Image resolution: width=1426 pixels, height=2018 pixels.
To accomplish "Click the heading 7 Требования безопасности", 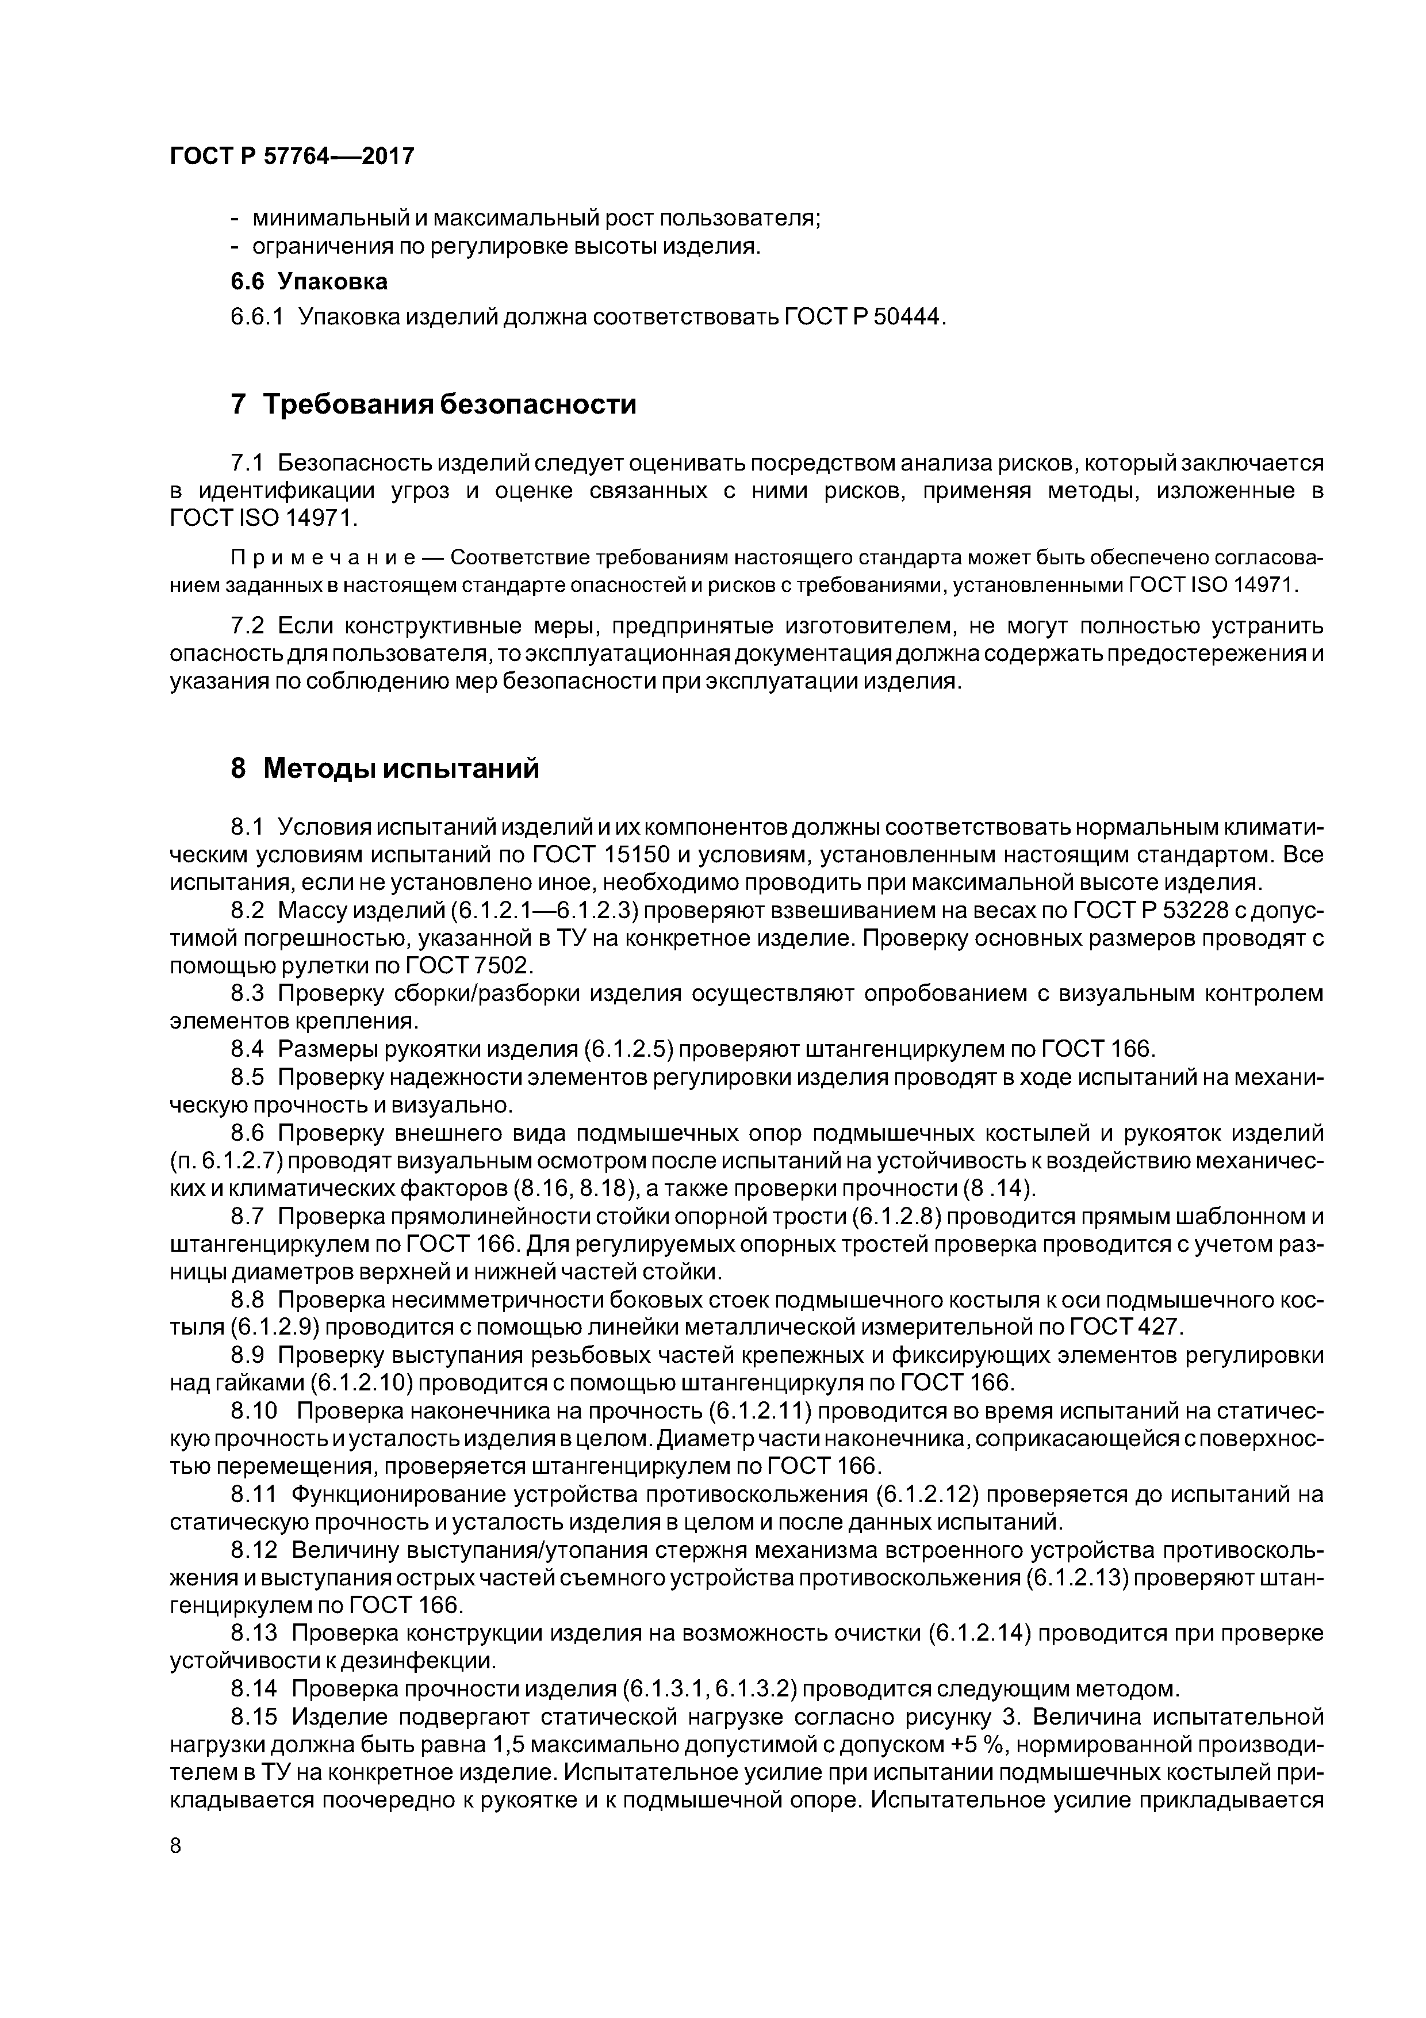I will coord(433,404).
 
